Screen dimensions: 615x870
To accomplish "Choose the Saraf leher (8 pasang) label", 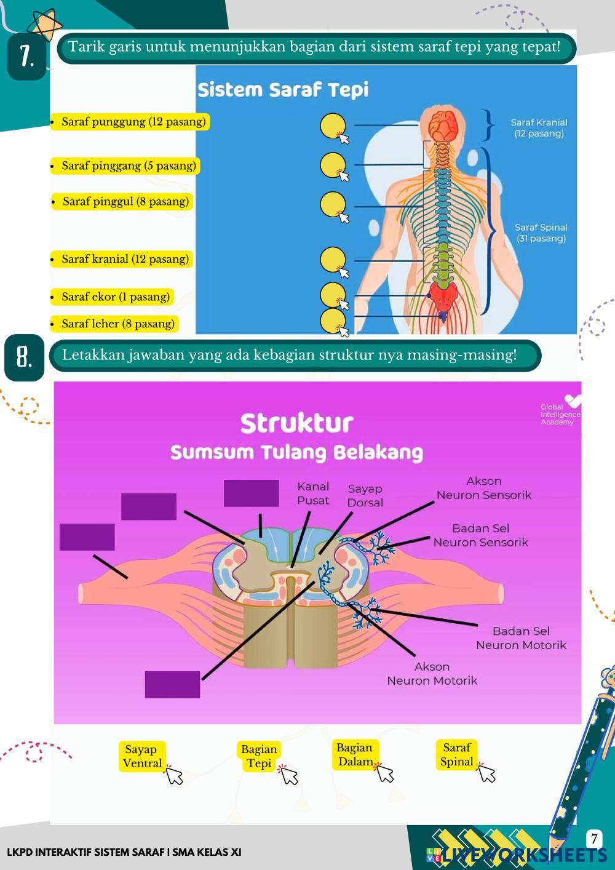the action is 117,324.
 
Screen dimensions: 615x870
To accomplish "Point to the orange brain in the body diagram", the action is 441,126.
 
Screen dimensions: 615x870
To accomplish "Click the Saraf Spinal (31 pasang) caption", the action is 541,233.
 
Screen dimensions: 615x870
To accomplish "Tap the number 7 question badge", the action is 26,57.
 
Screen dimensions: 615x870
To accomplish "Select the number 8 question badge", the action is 24,357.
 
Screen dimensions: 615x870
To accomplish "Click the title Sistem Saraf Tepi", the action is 283,90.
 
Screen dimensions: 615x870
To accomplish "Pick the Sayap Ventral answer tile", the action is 141,756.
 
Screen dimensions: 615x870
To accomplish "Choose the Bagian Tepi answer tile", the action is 259,756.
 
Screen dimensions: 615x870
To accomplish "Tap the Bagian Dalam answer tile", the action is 355,754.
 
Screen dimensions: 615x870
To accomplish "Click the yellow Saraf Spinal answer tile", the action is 456,754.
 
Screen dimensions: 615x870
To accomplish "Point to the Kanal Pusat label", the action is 313,493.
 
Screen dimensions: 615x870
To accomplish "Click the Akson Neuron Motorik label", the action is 432,674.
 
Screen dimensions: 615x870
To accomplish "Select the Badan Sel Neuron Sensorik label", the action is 480,535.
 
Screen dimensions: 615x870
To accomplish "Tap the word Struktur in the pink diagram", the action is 296,423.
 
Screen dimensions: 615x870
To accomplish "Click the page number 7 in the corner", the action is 593,839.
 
